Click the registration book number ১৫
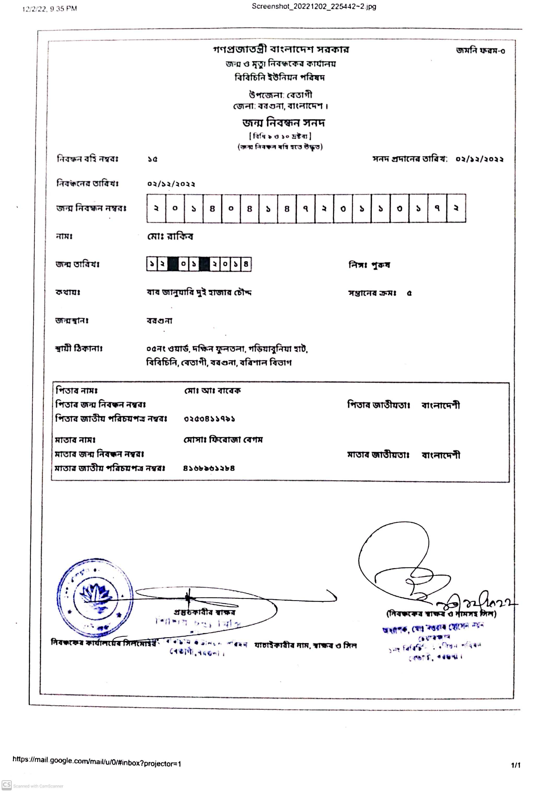coord(152,159)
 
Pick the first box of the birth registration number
coord(156,208)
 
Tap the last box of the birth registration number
coord(456,208)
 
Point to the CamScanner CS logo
coord(7,785)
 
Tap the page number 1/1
coord(515,765)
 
